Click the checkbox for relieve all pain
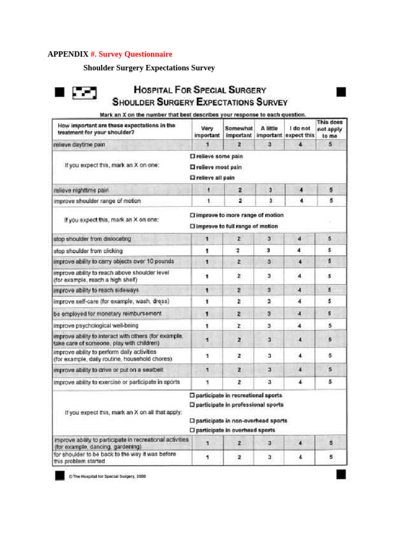point(192,178)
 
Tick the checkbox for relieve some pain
point(192,157)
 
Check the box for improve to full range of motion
point(192,226)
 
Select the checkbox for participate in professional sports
point(192,405)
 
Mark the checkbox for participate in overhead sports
point(192,430)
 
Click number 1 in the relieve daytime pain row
point(207,144)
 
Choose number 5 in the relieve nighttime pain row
point(331,190)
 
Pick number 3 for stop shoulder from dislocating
point(269,239)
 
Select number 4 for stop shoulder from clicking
point(299,250)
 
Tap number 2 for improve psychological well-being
point(239,326)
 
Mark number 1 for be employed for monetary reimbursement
point(207,314)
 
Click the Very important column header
point(207,131)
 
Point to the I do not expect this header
point(300,131)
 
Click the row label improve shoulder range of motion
point(98,201)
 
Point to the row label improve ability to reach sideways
point(96,290)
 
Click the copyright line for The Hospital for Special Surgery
point(107,476)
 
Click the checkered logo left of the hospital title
point(84,93)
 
